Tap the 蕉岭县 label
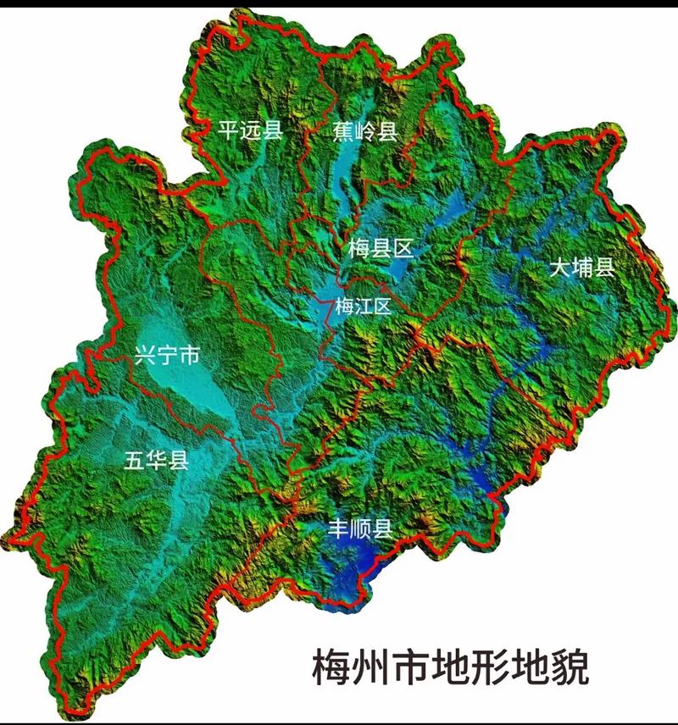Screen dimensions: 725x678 pos(364,130)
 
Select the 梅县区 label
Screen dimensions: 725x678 pos(380,248)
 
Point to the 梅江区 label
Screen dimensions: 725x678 pos(363,307)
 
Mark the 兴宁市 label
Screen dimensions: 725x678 pos(166,356)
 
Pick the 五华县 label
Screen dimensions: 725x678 pos(156,461)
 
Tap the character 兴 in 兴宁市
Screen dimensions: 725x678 pos(145,356)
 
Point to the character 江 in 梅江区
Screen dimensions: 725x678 pos(363,307)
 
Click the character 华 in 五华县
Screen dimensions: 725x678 pos(156,461)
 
